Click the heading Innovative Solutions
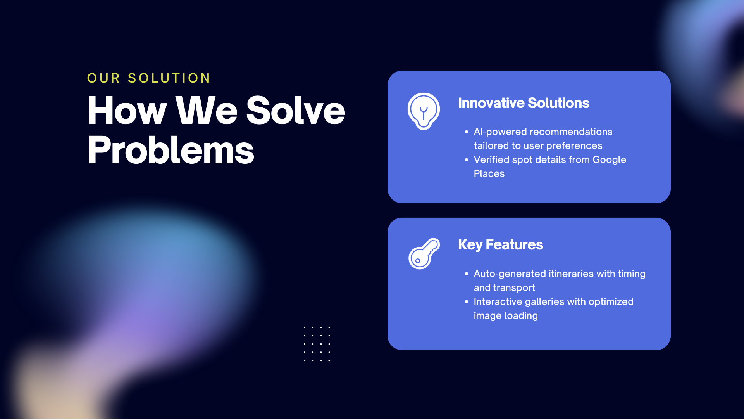point(524,103)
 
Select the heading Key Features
point(501,245)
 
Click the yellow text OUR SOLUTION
point(149,78)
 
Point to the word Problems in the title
point(171,150)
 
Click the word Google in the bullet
point(609,160)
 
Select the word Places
point(489,173)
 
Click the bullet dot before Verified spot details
point(467,160)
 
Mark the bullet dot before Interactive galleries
point(467,302)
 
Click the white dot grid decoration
point(317,344)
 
